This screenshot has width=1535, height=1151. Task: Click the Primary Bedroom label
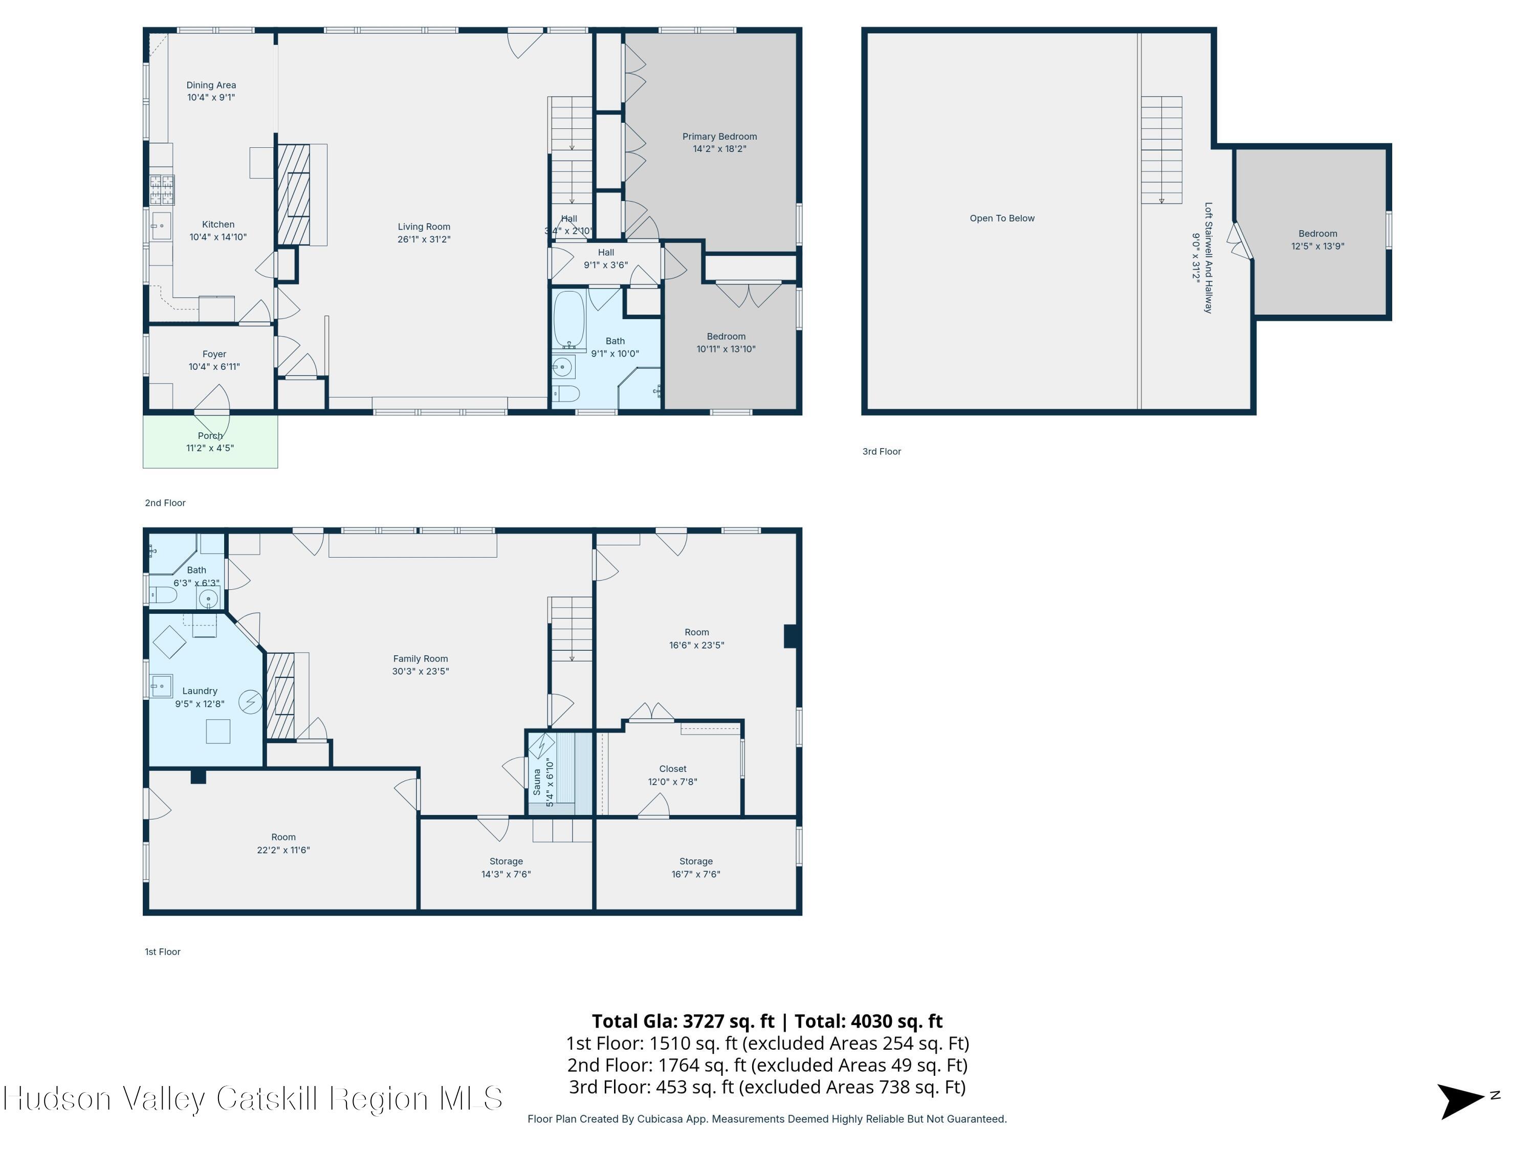(x=719, y=137)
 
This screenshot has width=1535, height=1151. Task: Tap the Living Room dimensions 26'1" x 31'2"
(x=424, y=239)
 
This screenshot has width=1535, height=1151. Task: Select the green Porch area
(x=210, y=441)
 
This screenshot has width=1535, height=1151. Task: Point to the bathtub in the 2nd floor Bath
(x=569, y=319)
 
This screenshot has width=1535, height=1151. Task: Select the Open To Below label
(x=1002, y=218)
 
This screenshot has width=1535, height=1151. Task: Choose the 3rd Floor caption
(x=882, y=452)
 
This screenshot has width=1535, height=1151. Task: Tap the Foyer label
(x=214, y=355)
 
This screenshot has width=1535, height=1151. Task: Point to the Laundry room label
(x=200, y=691)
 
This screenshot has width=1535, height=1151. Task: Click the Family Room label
(x=421, y=659)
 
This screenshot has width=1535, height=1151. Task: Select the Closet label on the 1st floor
(x=673, y=769)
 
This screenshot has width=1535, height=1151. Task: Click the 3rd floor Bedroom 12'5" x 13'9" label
(x=1318, y=240)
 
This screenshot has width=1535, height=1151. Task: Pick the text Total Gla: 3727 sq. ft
(x=683, y=1021)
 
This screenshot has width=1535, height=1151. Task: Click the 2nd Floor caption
(x=165, y=503)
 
